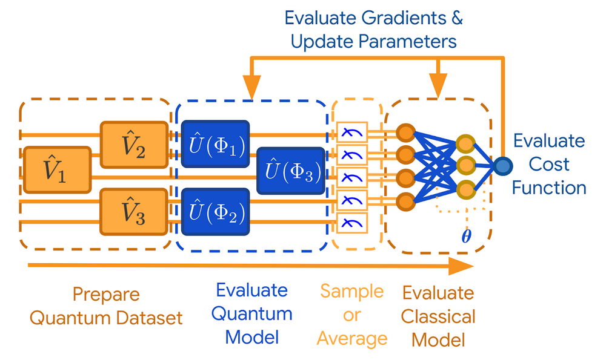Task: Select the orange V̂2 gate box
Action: (x=134, y=144)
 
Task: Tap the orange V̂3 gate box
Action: (x=134, y=211)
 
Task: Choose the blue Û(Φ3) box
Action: (x=290, y=170)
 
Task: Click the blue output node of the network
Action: (x=502, y=165)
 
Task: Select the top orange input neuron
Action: (x=405, y=132)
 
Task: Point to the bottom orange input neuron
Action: (x=405, y=200)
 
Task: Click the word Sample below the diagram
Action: (x=351, y=291)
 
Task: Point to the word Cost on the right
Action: (x=548, y=164)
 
